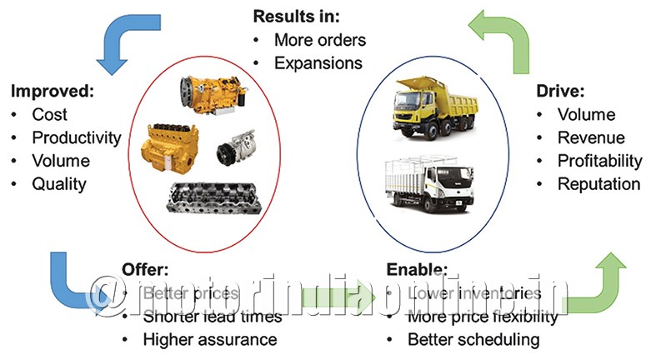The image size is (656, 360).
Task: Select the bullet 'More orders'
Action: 319,40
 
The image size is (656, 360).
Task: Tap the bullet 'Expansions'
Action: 318,62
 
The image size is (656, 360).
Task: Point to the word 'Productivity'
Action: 77,137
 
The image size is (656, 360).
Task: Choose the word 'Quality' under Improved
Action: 59,183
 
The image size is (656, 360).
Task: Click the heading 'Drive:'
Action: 561,90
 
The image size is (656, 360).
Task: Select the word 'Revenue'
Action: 591,137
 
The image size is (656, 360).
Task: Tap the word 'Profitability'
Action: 600,160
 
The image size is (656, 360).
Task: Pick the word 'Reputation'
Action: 598,183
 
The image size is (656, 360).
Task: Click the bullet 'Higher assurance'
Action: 210,339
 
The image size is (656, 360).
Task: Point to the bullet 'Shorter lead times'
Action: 213,317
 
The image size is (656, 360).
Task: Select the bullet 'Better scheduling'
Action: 473,339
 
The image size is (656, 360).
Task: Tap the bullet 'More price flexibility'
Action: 483,317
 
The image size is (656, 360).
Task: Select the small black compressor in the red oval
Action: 231,152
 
